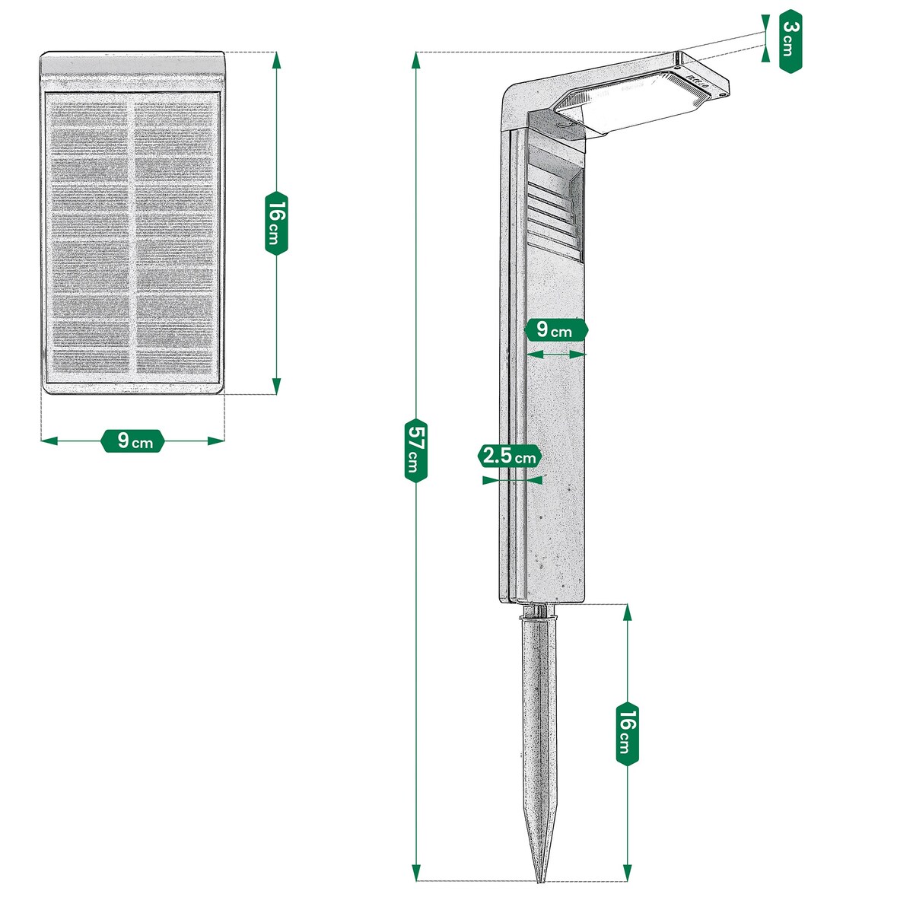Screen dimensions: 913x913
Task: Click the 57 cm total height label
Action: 415,449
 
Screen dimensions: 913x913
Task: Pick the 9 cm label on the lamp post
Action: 556,330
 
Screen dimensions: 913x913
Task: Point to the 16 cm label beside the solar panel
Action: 276,221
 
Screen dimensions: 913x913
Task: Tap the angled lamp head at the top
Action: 639,95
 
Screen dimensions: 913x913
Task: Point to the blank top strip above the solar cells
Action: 133,72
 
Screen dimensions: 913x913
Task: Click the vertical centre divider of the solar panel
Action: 132,236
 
